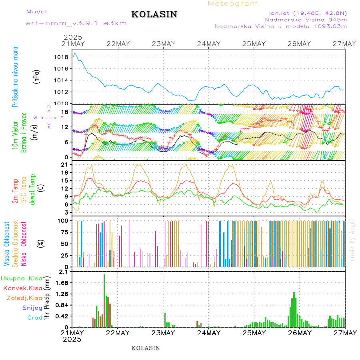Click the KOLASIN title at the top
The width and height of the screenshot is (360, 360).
(x=154, y=14)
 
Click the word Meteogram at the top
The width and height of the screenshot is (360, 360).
(x=233, y=4)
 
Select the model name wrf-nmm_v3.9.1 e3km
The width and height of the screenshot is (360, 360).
(x=76, y=23)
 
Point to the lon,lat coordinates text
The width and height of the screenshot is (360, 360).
(x=308, y=12)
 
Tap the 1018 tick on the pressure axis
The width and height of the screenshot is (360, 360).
(x=61, y=57)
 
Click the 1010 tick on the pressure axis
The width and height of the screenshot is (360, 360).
(x=61, y=104)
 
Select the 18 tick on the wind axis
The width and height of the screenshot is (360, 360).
(x=65, y=112)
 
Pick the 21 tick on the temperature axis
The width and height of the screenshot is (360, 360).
(x=65, y=164)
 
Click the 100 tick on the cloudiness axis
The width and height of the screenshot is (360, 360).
(x=63, y=220)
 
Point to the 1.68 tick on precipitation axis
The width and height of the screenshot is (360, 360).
(x=62, y=283)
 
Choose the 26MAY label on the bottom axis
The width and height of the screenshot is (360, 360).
(x=299, y=333)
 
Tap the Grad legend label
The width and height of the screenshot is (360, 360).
(x=34, y=318)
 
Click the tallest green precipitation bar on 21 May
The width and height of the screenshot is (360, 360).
(x=104, y=300)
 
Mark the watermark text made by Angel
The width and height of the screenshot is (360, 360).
(x=352, y=240)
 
